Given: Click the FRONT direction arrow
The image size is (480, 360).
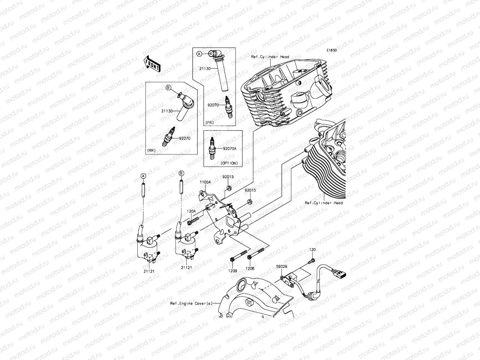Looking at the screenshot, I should pyautogui.click(x=152, y=64).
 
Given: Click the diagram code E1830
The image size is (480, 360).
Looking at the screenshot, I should pyautogui.click(x=332, y=50).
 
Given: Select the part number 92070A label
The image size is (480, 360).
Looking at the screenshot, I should pyautogui.click(x=229, y=148).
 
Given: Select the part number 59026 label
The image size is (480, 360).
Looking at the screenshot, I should pyautogui.click(x=281, y=266).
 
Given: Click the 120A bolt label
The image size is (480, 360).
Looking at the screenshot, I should pyautogui.click(x=191, y=211).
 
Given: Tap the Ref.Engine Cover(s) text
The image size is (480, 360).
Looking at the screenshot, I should pyautogui.click(x=191, y=303).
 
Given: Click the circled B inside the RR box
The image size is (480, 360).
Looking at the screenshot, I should pyautogui.click(x=168, y=88).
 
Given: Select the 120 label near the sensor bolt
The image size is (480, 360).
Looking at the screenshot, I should pyautogui.click(x=312, y=250).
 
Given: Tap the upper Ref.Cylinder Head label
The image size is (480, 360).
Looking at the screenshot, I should pyautogui.click(x=270, y=57).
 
